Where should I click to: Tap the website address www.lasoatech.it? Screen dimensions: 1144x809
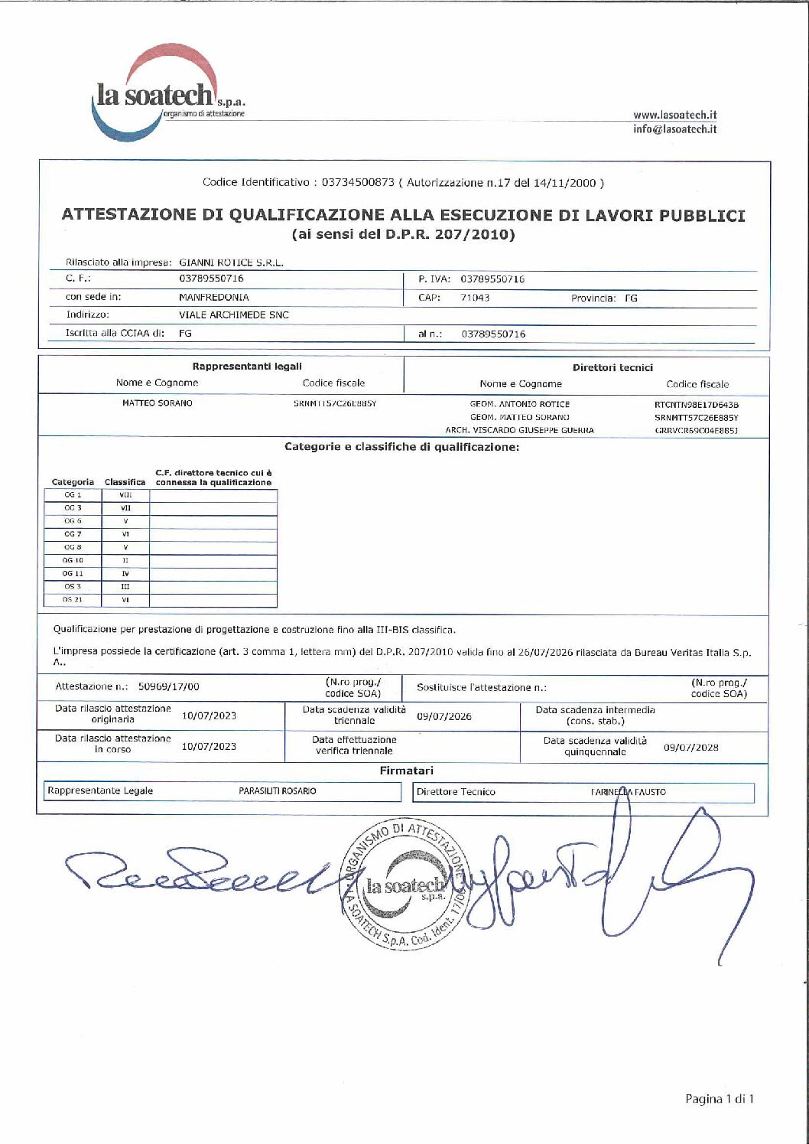(x=674, y=115)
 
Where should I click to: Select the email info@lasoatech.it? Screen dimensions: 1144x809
(x=674, y=129)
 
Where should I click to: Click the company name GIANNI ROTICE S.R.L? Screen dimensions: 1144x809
(x=231, y=262)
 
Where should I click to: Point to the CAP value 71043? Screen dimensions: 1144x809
(x=475, y=298)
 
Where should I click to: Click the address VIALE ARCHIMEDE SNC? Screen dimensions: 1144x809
(x=233, y=315)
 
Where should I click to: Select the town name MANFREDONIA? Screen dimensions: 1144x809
(x=213, y=297)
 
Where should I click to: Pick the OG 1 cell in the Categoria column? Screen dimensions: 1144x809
(x=73, y=495)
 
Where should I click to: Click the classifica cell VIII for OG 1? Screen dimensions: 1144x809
(x=125, y=495)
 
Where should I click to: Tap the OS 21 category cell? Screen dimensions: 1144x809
(x=73, y=600)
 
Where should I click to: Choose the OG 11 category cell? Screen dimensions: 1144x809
(x=73, y=573)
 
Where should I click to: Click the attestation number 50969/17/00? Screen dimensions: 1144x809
(x=168, y=686)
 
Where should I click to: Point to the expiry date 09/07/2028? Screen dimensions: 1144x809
(x=690, y=747)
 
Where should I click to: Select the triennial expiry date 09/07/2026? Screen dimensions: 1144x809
(x=444, y=716)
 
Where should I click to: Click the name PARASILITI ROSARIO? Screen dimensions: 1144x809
(x=277, y=790)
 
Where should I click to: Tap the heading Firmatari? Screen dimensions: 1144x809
(x=406, y=771)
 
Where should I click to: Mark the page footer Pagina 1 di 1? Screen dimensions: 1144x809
(x=719, y=1099)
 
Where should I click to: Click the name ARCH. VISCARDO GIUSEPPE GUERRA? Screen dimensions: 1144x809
(x=519, y=430)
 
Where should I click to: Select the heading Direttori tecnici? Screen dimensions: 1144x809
(x=612, y=367)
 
